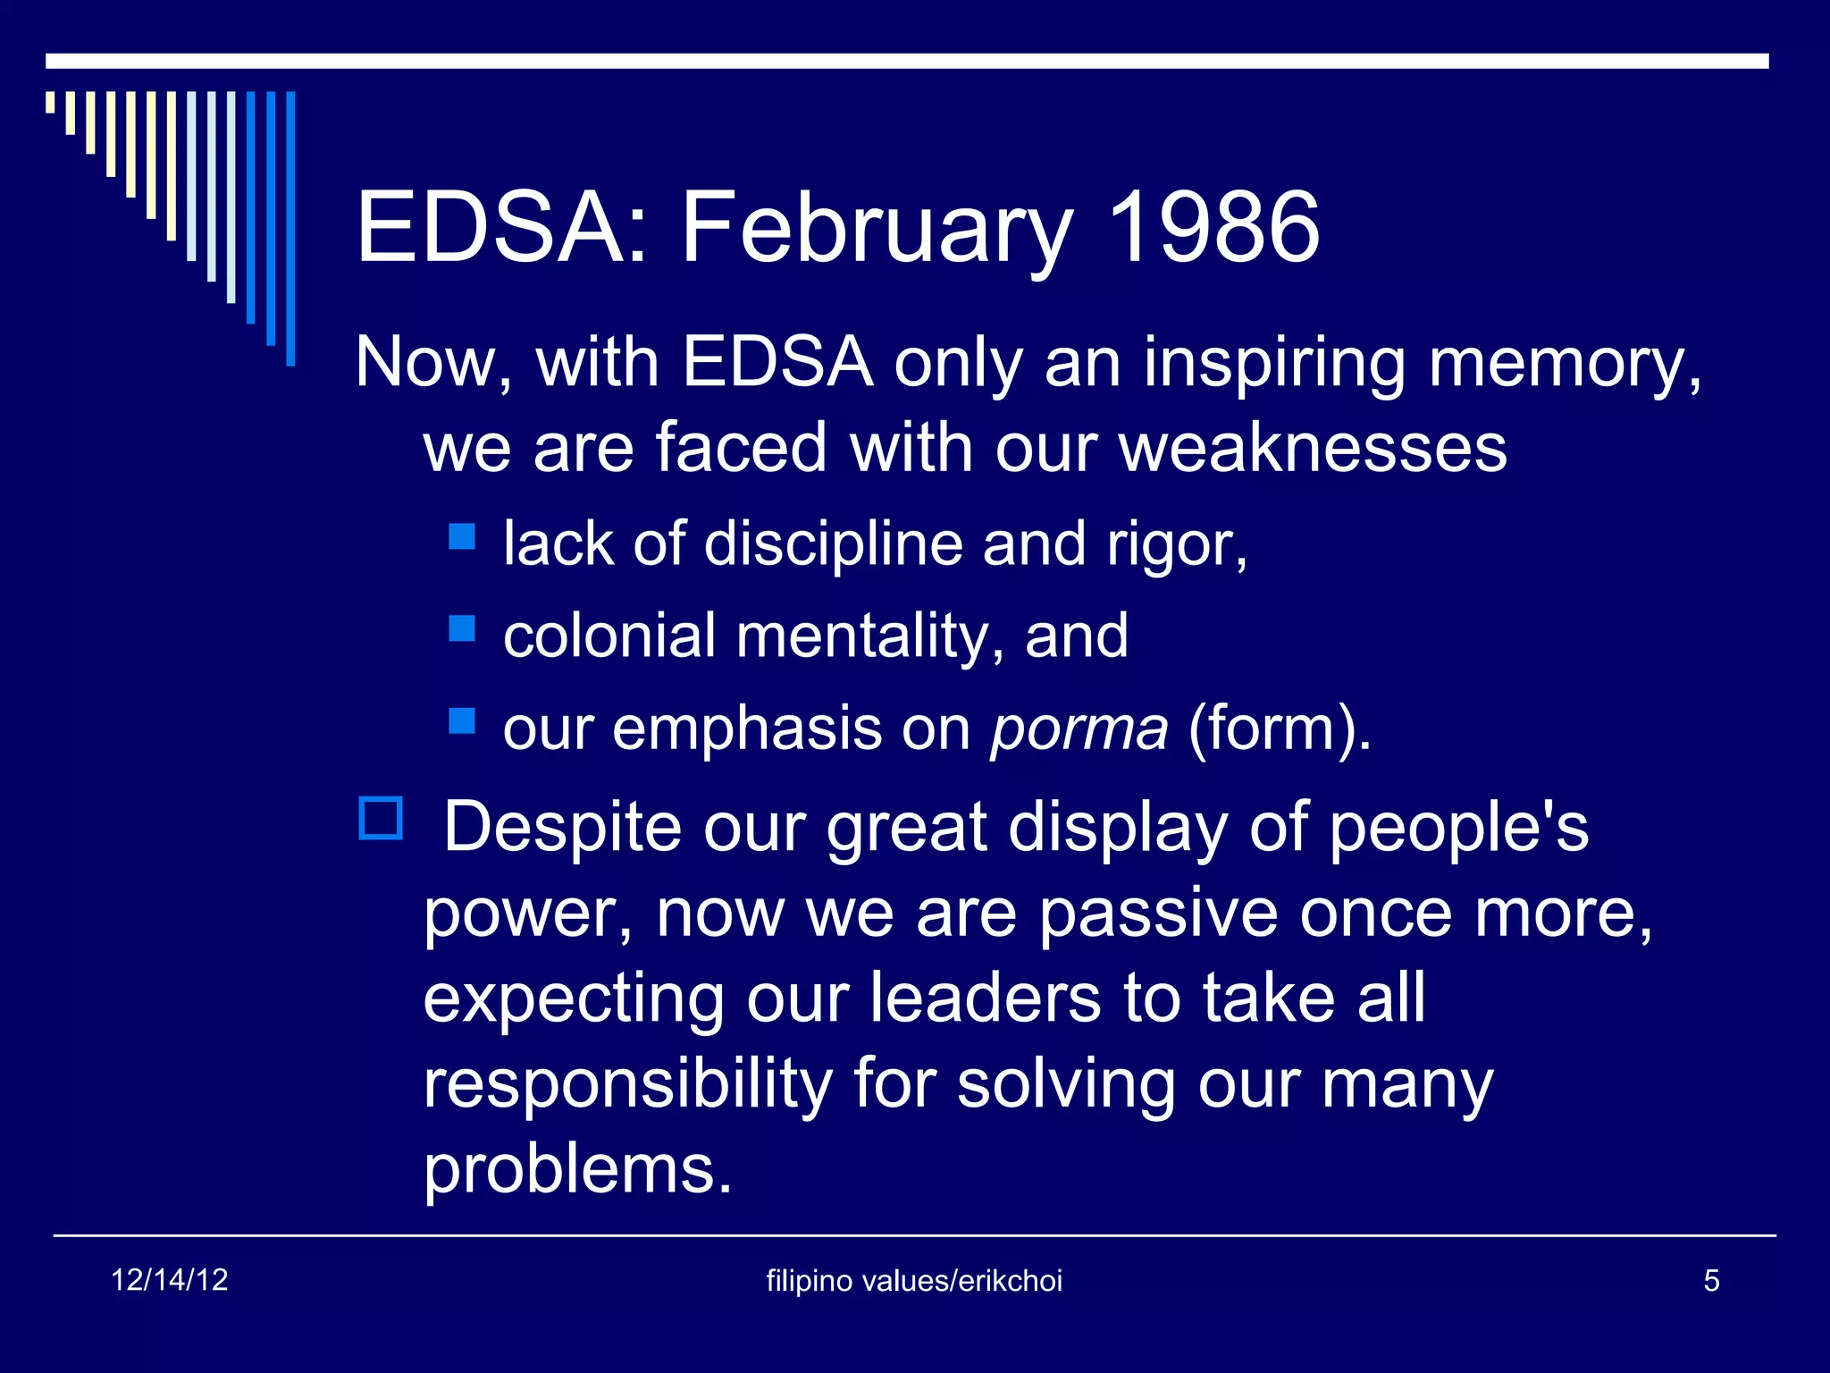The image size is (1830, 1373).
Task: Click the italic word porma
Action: coord(1079,729)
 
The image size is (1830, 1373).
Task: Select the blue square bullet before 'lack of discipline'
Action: coord(462,536)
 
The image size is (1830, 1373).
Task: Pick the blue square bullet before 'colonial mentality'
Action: coord(462,628)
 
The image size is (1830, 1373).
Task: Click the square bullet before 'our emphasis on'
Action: coord(462,720)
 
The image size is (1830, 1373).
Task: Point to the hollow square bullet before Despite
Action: coord(381,818)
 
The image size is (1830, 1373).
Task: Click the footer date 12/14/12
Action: coord(170,1280)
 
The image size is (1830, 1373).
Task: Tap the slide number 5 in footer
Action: coord(1711,1281)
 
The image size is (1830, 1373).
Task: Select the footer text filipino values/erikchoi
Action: coord(914,1281)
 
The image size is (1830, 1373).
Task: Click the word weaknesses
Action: coord(1313,448)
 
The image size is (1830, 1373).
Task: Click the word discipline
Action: coord(833,544)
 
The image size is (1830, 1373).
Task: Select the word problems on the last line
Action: coord(576,1169)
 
